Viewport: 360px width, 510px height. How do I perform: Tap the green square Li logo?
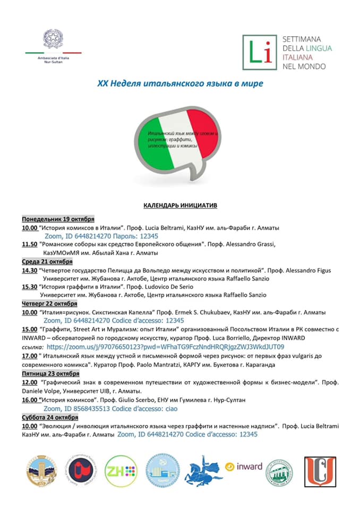click(x=259, y=52)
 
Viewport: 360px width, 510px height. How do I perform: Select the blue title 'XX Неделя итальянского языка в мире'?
click(x=180, y=83)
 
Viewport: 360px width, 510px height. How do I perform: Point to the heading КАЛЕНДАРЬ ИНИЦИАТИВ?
click(x=180, y=205)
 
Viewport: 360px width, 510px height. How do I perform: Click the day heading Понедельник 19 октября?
click(x=58, y=219)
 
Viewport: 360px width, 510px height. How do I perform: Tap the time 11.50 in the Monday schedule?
click(x=29, y=244)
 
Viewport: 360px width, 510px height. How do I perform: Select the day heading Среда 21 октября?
click(x=47, y=261)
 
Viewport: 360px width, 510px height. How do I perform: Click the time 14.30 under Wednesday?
click(x=29, y=270)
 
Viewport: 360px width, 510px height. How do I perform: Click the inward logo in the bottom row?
click(x=244, y=466)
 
